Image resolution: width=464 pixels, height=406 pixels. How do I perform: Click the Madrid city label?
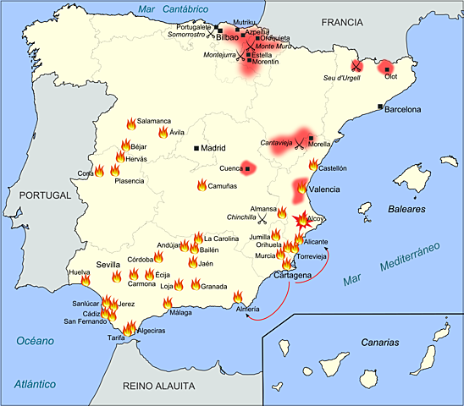tap(216, 148)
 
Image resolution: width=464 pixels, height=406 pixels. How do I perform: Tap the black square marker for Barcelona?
tap(380, 107)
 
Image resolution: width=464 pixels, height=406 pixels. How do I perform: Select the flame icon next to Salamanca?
tap(130, 123)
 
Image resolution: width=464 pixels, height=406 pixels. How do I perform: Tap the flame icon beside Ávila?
tap(163, 133)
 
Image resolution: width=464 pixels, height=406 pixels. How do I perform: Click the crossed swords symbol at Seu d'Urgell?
tap(357, 65)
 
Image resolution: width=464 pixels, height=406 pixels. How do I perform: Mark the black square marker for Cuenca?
tap(247, 169)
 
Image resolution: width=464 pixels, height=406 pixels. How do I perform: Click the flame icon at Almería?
tap(239, 297)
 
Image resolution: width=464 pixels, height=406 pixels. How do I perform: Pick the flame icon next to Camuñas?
tap(202, 185)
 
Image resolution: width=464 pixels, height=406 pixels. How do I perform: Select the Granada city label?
tap(213, 287)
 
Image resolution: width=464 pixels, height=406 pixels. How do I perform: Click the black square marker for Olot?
tap(386, 69)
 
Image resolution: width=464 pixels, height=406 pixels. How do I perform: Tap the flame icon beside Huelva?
tap(86, 280)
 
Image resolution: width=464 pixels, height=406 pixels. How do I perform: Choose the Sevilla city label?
tap(109, 265)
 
